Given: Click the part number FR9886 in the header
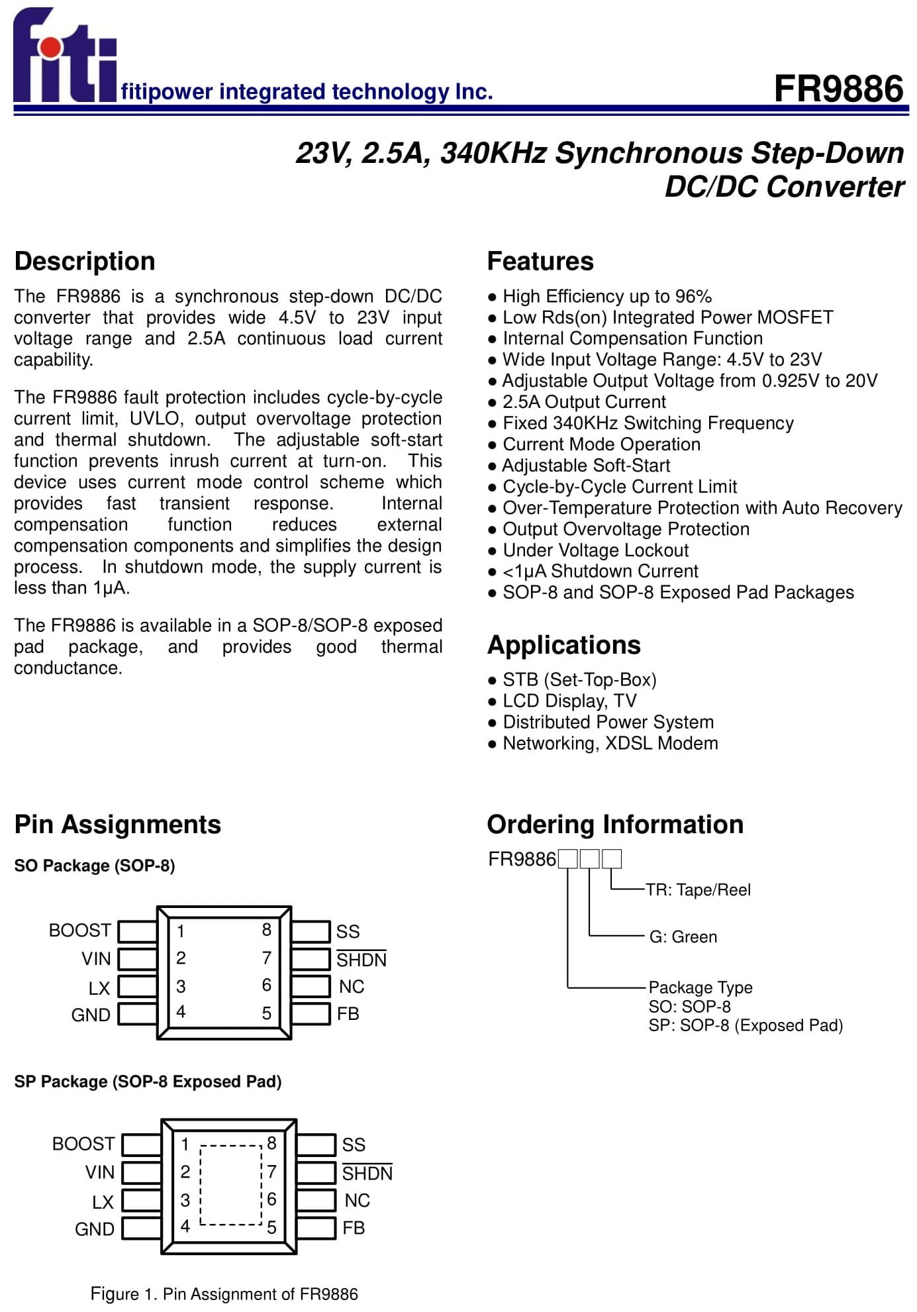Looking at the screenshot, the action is pos(838,89).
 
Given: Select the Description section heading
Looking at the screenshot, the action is pos(85,262).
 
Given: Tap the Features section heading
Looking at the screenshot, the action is pos(540,262).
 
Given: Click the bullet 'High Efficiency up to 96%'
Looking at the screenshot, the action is pos(600,296).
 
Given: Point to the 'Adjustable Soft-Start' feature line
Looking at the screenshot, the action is pos(579,466).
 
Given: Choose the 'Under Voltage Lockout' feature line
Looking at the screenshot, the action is pos(589,550).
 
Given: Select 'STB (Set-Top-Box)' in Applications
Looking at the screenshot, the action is pos(572,680).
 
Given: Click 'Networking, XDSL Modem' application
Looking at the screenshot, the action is pos(603,744).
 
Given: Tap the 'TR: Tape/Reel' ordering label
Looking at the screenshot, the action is pos(698,890).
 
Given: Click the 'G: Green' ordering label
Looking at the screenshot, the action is pos(683,937).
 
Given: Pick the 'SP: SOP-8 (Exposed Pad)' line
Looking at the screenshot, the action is pos(746,1026).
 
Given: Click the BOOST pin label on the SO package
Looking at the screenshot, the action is pos(80,931).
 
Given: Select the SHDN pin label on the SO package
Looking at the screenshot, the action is pos(362,959).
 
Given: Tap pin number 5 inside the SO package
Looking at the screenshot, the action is pos(267,1013).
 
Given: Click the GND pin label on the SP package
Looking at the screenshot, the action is pos(95,1229).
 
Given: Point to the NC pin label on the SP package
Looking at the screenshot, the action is pos(358,1200).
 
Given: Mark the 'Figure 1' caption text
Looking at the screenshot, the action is pos(224,1294).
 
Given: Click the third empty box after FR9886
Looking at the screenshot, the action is pos(612,859).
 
